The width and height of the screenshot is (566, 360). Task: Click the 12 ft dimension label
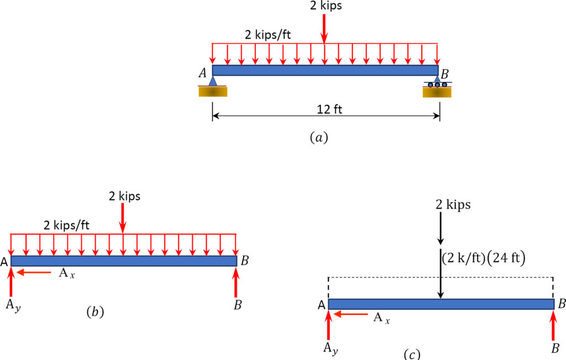pos(329,109)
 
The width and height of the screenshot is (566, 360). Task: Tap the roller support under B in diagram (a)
pos(437,85)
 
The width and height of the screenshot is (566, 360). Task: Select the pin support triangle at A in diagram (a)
pos(213,81)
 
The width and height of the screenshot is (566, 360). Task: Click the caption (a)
pos(319,138)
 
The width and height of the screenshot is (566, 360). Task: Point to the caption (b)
pos(95,312)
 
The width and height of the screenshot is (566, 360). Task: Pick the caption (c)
pos(411,354)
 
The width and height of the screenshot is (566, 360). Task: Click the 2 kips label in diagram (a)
pos(326,6)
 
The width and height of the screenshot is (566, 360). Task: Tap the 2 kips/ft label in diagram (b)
pos(66,225)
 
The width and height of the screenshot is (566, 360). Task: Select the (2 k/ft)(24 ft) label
pos(484,258)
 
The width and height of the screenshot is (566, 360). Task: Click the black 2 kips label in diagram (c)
pos(453,205)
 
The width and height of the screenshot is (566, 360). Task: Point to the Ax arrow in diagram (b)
pos(34,272)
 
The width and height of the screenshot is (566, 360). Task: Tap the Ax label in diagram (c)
pos(381,318)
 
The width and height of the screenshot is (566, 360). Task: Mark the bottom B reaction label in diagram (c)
pos(555,348)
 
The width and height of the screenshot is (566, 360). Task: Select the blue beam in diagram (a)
pos(325,70)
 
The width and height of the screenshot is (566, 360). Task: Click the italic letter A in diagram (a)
pos(202,73)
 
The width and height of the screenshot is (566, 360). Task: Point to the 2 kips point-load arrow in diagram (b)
pos(123,218)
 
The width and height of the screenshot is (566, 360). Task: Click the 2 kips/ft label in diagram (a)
pos(268,35)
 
